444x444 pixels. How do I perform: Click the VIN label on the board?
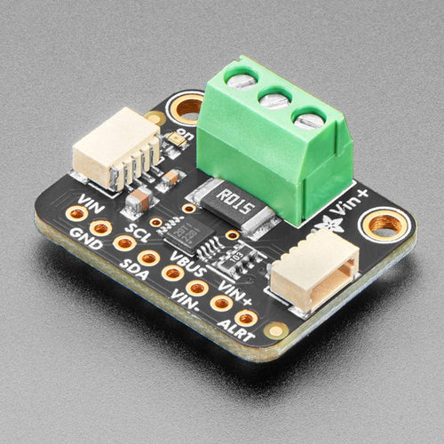tap(89, 200)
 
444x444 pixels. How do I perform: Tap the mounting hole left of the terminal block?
tap(186, 109)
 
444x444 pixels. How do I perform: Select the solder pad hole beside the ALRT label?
tap(246, 317)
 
